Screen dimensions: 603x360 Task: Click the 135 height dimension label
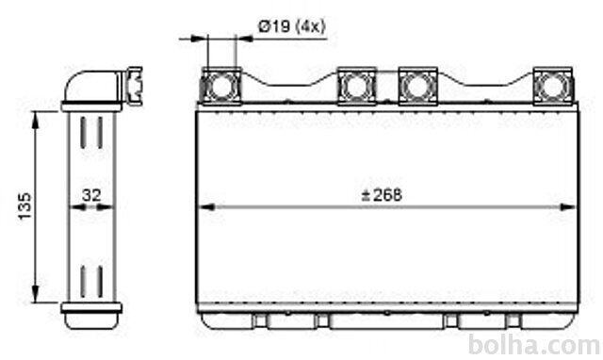[25, 206]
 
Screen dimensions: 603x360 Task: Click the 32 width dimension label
[91, 195]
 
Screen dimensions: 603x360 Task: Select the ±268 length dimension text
[382, 195]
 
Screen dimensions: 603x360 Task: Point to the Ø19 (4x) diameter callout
[292, 27]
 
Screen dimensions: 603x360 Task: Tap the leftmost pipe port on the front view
[221, 86]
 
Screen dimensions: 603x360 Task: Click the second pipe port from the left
[356, 86]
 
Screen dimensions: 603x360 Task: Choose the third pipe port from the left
[418, 86]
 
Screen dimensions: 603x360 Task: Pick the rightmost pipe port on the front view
[553, 86]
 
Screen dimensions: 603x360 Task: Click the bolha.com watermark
[534, 345]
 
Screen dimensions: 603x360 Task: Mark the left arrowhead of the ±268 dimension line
[205, 207]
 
